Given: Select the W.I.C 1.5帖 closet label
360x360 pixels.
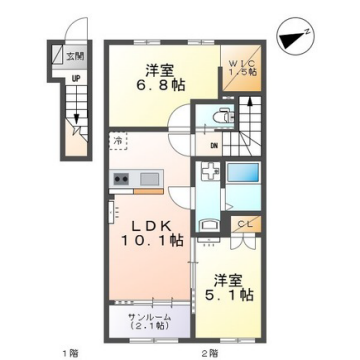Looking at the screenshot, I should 244,66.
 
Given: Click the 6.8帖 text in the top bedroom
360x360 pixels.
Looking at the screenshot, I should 163,87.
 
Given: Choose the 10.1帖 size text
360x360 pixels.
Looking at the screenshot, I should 152,240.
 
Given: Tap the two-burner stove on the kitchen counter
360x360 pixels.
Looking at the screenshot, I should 122,179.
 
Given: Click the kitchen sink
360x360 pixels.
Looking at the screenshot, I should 150,179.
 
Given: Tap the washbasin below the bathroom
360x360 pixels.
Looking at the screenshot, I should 210,226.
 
